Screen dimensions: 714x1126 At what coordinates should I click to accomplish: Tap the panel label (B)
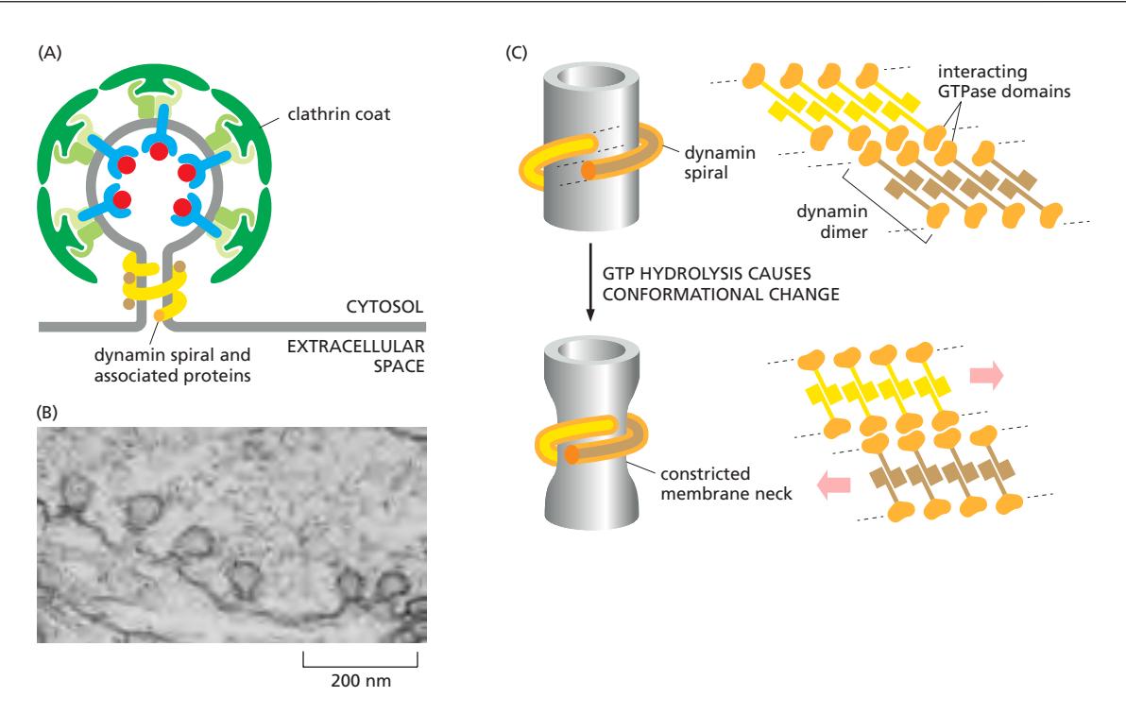48,413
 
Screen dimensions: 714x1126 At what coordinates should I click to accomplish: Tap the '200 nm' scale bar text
360,679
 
